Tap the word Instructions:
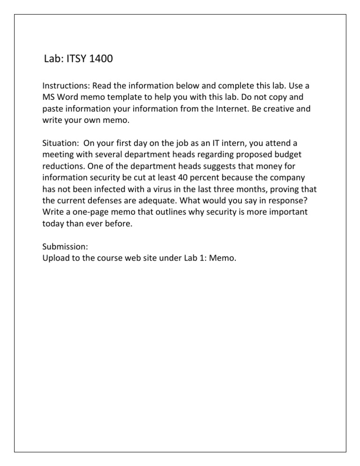point(66,86)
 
